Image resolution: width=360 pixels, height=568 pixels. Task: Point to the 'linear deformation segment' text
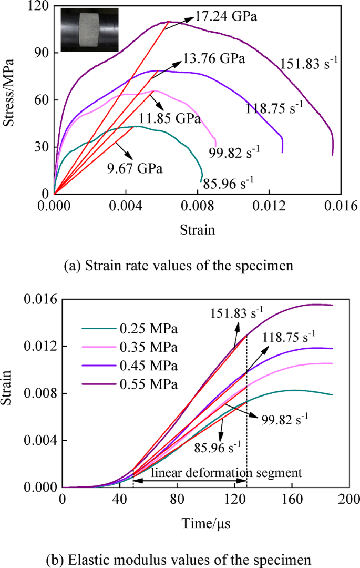tap(227, 473)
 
